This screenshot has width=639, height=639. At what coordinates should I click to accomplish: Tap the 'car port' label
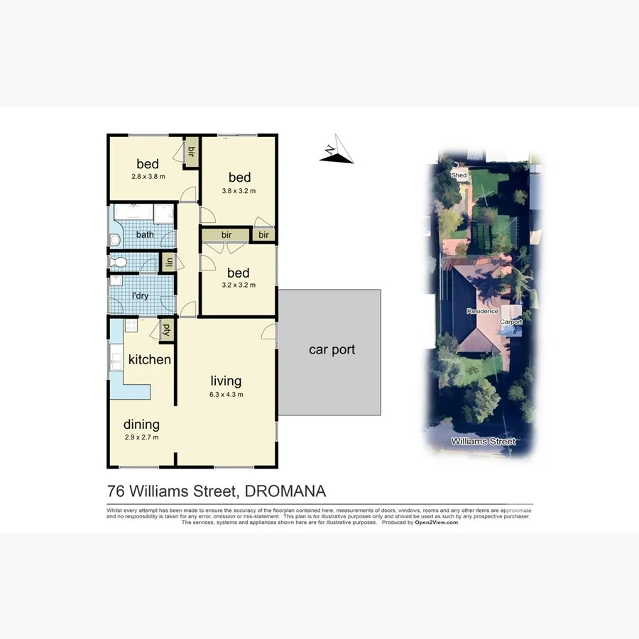point(332,349)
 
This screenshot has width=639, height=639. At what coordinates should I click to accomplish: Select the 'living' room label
point(226,381)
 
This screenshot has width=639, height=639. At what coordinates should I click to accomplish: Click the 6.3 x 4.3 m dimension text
point(226,395)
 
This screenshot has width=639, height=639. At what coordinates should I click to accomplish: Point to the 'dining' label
point(141,425)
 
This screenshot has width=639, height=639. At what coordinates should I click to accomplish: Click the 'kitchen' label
point(149,359)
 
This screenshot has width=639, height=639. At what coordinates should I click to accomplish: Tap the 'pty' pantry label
point(166,329)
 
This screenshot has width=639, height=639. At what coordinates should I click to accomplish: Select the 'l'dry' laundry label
point(141,295)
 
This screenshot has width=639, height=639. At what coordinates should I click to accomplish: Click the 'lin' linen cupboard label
point(169,262)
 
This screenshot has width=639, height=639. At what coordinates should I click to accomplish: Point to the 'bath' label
point(145,235)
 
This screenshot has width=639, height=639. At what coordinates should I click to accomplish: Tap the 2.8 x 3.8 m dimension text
point(148,177)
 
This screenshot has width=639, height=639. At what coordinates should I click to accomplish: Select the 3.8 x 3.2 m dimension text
point(239,190)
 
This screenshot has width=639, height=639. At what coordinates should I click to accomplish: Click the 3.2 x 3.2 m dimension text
point(239,285)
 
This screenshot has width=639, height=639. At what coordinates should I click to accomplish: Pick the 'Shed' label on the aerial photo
point(459,174)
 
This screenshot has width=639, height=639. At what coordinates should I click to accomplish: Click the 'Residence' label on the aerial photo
point(483,311)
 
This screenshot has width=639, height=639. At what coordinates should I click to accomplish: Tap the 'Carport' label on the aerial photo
point(511,322)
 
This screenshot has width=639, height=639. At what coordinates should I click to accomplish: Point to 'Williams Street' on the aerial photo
point(484,442)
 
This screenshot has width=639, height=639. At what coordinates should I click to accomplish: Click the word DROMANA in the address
point(285,491)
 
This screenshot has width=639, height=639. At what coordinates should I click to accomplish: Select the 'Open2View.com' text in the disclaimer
point(436,522)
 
